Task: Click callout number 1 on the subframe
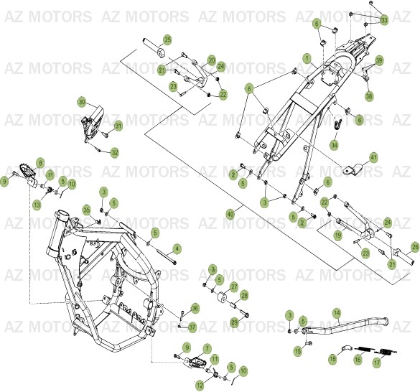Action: click(307, 57)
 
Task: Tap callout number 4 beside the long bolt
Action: click(177, 248)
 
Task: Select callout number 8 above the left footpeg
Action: click(40, 163)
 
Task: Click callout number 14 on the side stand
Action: click(337, 313)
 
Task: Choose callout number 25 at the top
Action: click(167, 39)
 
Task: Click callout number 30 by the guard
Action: click(82, 102)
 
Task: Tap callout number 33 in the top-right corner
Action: click(383, 20)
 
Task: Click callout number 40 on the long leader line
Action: click(230, 214)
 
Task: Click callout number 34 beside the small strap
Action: click(334, 145)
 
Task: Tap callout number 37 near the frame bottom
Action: click(192, 327)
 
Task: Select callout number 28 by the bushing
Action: click(244, 295)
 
